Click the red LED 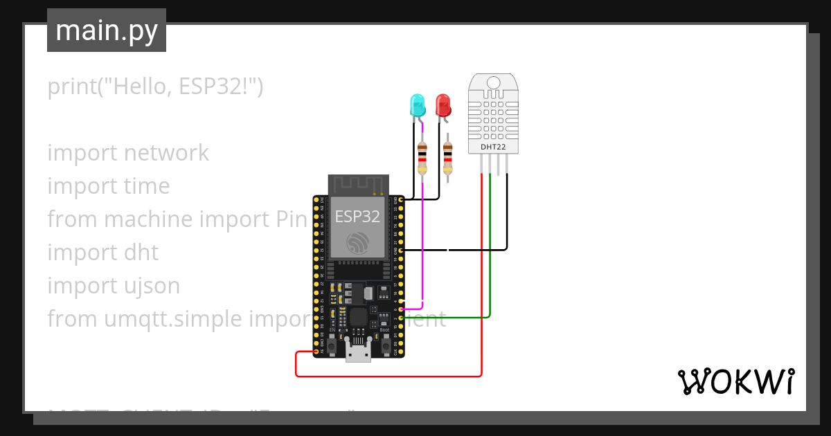tap(442, 105)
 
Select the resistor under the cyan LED tap(422, 158)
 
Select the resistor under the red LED tap(448, 158)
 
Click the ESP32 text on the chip tap(357, 216)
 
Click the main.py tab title tap(107, 30)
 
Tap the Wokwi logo tap(735, 381)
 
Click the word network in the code tap(166, 153)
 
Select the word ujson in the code tap(150, 286)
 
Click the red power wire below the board tap(388, 376)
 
